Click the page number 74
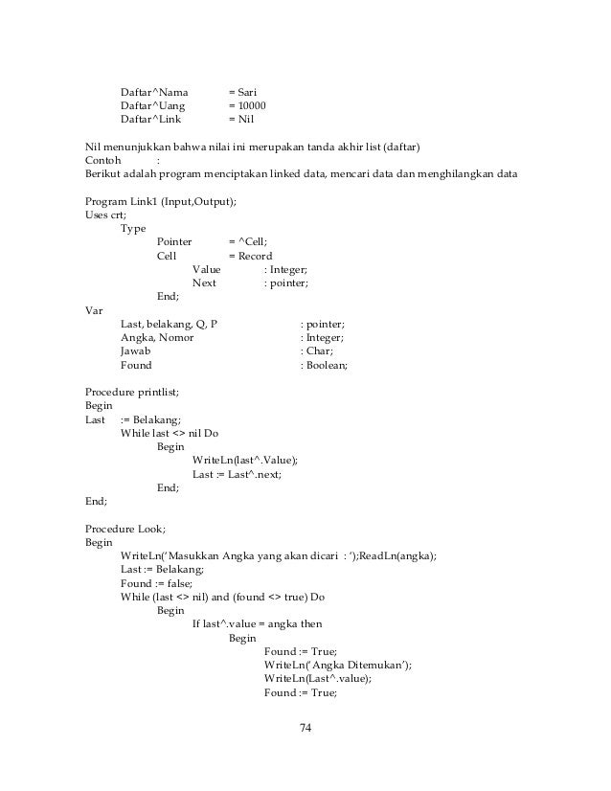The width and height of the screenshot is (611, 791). point(305,730)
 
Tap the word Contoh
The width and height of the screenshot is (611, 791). point(103,161)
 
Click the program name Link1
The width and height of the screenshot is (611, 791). point(146,202)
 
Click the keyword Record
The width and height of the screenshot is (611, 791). point(256,257)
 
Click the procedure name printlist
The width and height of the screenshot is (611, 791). point(157,393)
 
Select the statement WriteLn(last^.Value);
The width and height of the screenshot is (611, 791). point(245,461)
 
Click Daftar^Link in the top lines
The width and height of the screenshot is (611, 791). point(150,120)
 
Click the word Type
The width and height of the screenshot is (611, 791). point(133,229)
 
